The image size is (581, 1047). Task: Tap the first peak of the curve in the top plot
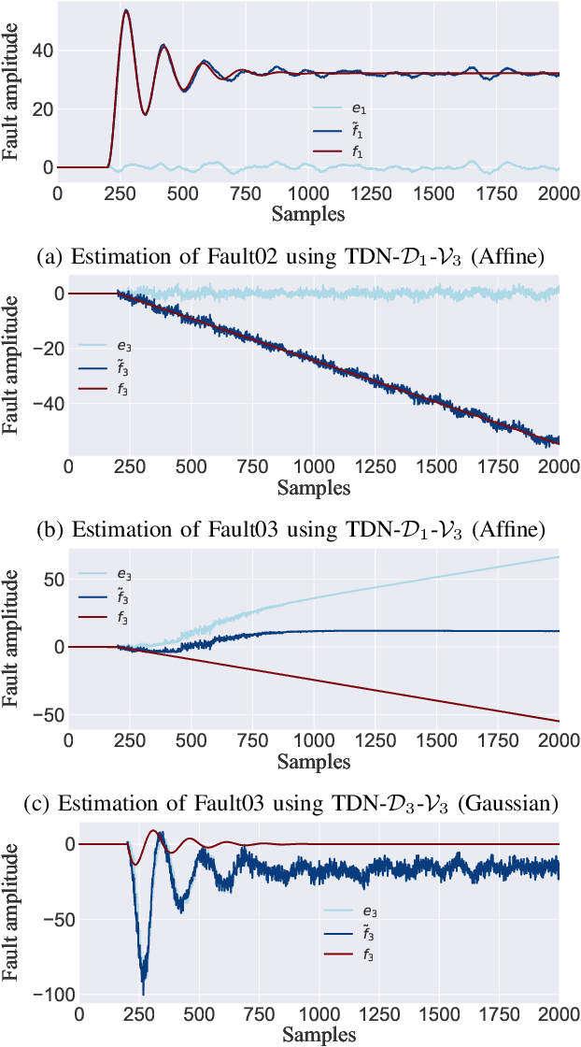coord(126,11)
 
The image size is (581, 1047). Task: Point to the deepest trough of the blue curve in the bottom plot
coord(143,993)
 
